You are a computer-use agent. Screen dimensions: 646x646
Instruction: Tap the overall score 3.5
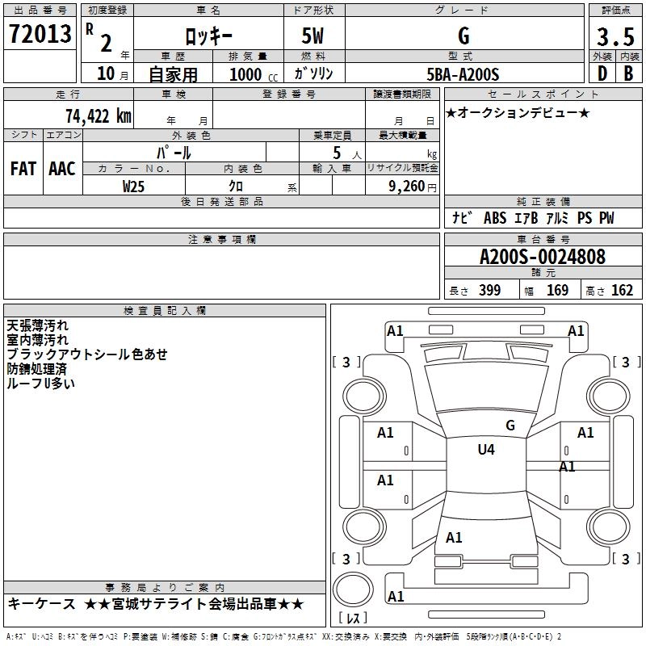(615, 36)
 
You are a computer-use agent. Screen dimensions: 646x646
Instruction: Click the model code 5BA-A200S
(463, 74)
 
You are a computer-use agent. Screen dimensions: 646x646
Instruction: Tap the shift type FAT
(23, 168)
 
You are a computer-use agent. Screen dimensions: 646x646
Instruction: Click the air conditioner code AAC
(61, 168)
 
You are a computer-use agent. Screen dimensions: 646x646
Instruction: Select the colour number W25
(134, 186)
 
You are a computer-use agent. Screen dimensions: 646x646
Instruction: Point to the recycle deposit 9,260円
(403, 186)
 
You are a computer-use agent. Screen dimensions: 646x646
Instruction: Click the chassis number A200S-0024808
(543, 257)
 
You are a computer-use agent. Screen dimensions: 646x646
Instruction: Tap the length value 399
(489, 291)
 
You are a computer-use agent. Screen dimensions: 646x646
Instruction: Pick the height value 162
(622, 291)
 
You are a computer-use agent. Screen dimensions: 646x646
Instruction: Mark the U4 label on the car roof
(485, 449)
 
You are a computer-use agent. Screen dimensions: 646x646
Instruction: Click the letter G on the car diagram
(510, 425)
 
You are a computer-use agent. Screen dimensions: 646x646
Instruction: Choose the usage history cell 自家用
(173, 75)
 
